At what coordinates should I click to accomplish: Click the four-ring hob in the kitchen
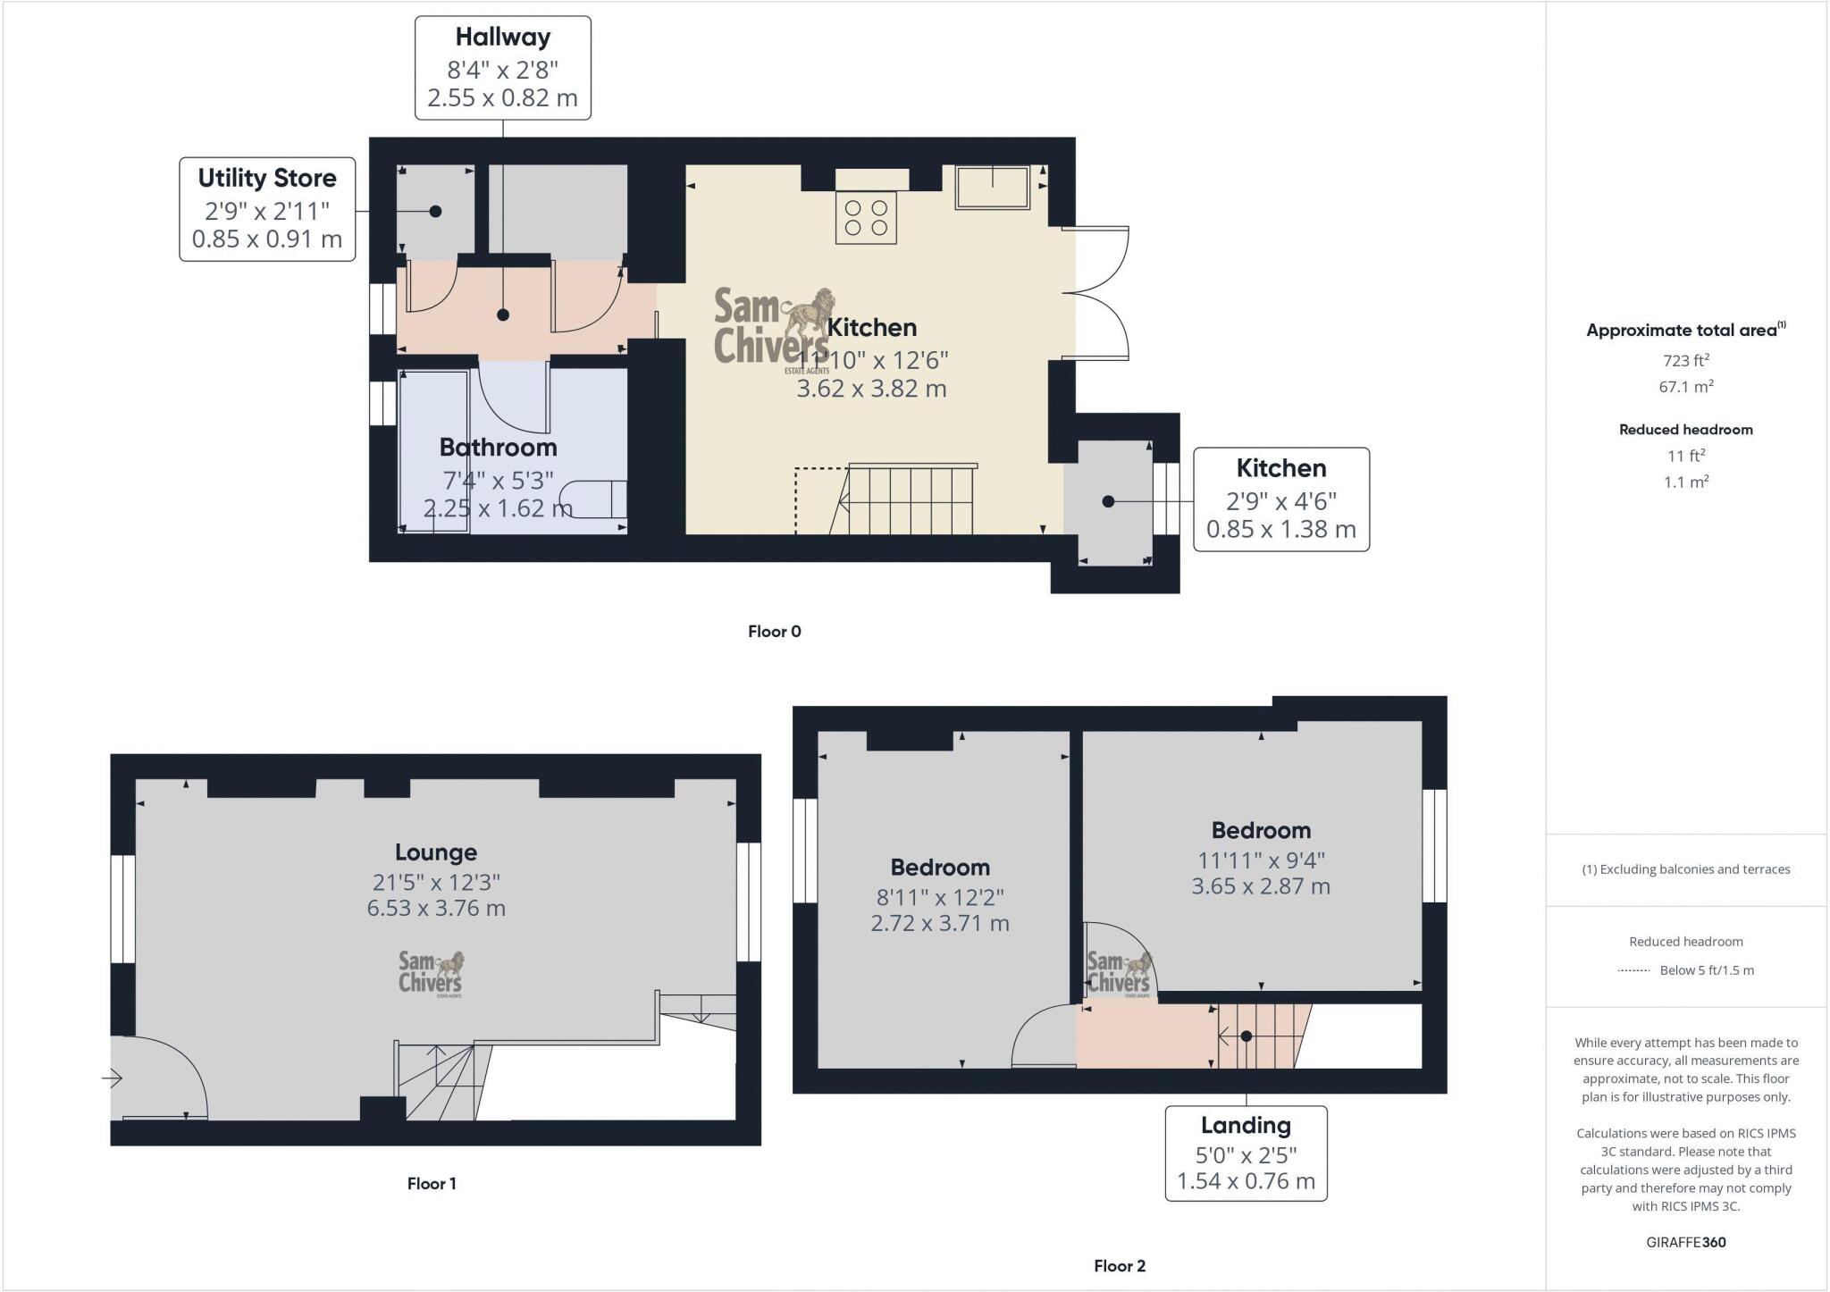866,217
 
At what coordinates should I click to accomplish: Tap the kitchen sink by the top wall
992,187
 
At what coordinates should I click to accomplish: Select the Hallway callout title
502,38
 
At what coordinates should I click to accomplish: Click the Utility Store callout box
267,209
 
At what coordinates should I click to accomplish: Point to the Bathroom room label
498,447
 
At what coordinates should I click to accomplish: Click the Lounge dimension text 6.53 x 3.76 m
436,909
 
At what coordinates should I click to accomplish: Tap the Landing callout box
1246,1153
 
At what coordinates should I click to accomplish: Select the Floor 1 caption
432,1184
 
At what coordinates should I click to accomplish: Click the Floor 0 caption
774,632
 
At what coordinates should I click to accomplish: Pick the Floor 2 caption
1119,1266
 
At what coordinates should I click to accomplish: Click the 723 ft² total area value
1685,361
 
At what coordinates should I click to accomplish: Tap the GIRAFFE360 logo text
1685,1242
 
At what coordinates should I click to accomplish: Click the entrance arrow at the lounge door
113,1078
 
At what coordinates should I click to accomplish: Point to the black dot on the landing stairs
1246,1036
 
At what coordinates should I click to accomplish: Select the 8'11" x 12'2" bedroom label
939,897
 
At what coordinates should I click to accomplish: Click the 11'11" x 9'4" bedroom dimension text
1261,860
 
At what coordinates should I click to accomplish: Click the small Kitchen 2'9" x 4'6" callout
1280,499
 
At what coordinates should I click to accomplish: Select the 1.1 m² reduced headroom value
1685,482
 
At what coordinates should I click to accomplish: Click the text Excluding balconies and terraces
1685,869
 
